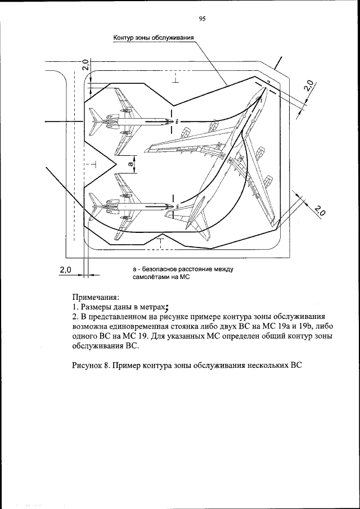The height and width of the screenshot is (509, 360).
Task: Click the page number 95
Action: click(x=202, y=19)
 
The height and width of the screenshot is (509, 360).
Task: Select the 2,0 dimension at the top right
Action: click(x=308, y=85)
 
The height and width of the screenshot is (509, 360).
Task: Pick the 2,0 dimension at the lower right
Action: click(x=319, y=211)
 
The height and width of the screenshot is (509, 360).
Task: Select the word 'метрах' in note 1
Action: click(x=150, y=307)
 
